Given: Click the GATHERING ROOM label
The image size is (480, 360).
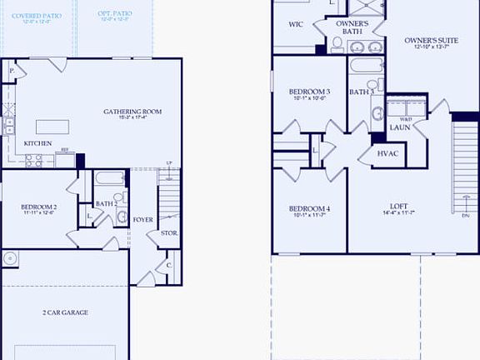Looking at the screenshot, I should pos(132,112).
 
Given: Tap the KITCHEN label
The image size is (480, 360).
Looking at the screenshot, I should pos(37,143).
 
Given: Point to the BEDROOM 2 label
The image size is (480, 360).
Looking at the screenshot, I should pos(39,206).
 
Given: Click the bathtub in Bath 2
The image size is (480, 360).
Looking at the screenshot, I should pos(108,178).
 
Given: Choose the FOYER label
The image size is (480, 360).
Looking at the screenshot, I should pos(142,220).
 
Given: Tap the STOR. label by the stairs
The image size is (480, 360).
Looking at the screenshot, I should pos(169,233).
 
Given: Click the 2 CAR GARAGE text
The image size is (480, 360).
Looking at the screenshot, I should pos(65,312).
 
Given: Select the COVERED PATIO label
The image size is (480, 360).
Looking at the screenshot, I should pos(36,16).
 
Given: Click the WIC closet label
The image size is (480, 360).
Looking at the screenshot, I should pos(295,25).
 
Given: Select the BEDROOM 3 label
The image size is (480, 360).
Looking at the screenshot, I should pos(309,91).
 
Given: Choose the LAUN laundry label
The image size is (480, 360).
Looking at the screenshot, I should pos(399,127).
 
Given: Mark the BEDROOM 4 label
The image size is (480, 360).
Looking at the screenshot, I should pos(309,208).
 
